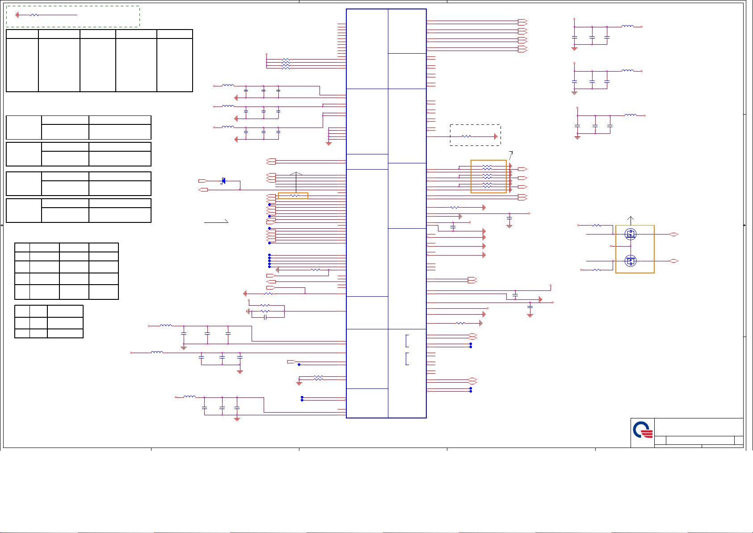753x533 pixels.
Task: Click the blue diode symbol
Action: pos(223,181)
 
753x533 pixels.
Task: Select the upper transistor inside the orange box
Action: pos(631,234)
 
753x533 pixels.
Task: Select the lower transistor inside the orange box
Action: pos(631,261)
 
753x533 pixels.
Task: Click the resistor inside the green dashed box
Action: pos(34,15)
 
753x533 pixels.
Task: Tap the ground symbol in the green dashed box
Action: pos(17,15)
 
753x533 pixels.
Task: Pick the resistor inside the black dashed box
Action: pos(466,136)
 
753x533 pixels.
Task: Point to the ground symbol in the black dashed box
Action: pos(496,136)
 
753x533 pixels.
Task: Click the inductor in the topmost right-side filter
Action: pos(627,26)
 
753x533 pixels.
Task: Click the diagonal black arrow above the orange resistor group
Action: pos(511,154)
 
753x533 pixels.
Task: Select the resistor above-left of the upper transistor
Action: pos(597,225)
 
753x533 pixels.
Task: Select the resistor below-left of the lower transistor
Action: pos(597,270)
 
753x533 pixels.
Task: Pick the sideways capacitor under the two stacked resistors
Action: pos(265,317)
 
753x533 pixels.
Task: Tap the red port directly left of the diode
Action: pos(202,181)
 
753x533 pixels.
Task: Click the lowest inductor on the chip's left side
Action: pos(189,397)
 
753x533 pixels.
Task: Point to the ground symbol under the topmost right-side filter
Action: pos(575,48)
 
